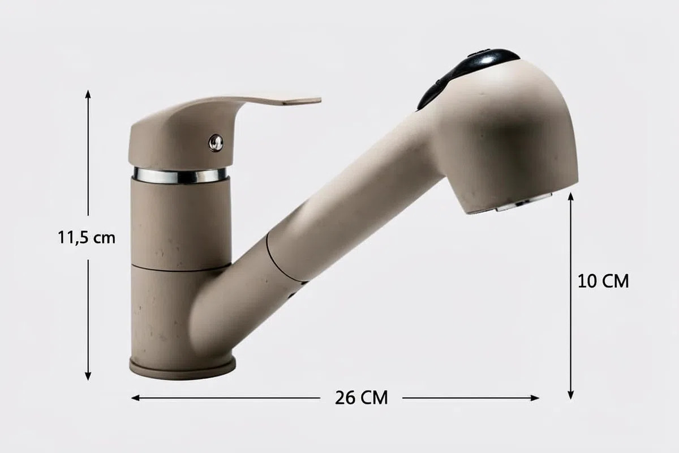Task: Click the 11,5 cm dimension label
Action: pos(87,238)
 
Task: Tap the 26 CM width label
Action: pos(362,398)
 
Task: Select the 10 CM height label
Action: pos(603,281)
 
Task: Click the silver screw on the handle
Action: pos(216,143)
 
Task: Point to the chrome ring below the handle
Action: pos(180,176)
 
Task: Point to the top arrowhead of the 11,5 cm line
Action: pos(88,93)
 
